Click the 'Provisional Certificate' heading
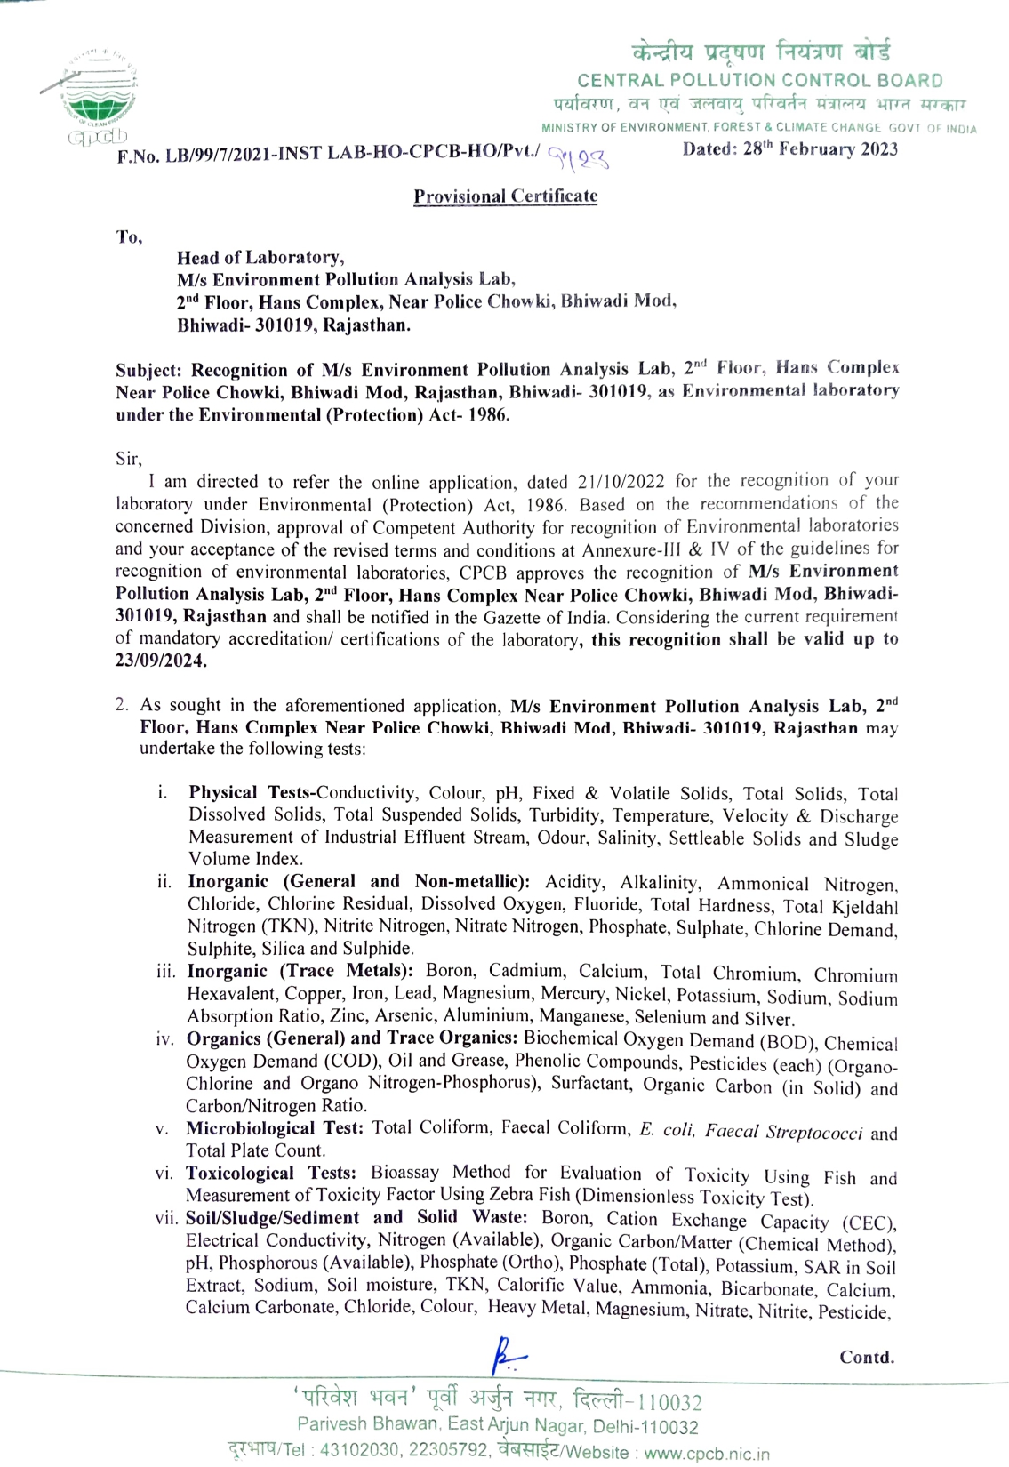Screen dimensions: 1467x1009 coord(505,196)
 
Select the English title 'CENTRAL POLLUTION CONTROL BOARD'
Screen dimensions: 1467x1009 coord(760,81)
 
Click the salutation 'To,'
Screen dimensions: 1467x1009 coord(129,236)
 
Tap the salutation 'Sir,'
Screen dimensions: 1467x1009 coord(129,459)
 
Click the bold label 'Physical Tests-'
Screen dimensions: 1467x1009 coord(252,792)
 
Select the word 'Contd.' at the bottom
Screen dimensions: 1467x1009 coord(867,1358)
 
